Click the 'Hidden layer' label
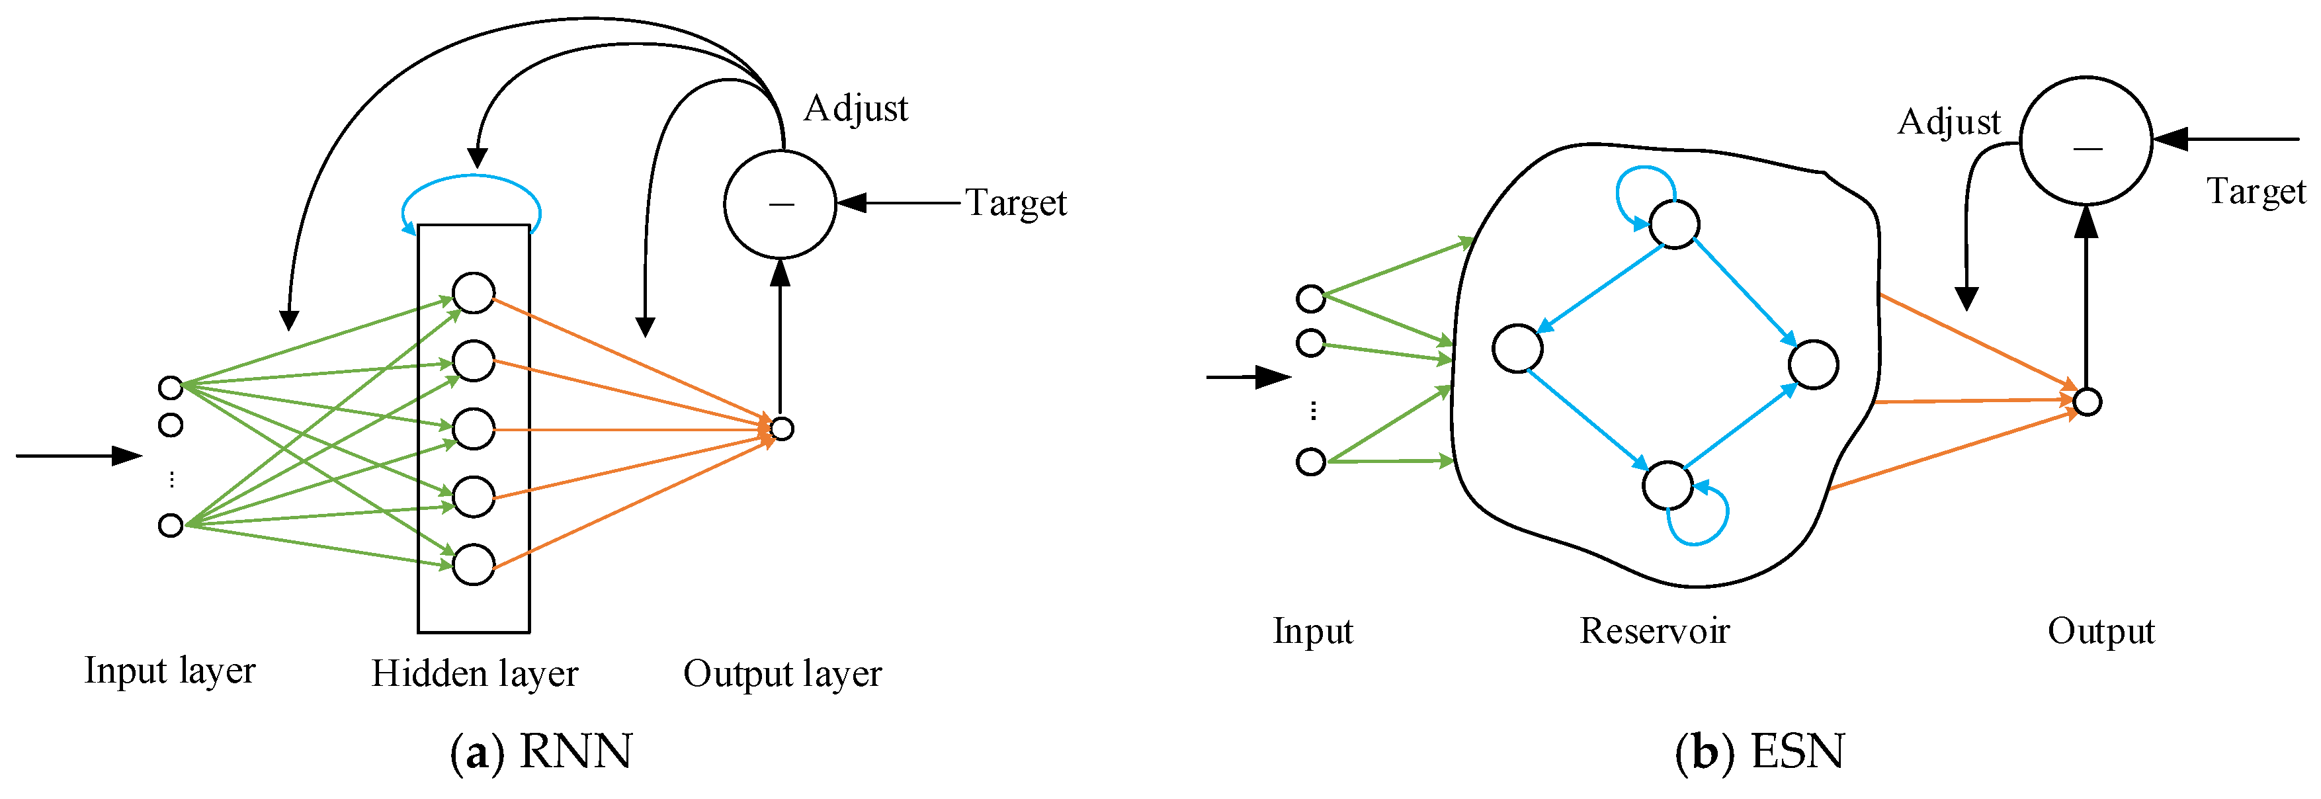coord(474,674)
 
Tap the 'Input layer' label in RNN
coord(169,671)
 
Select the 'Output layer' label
coord(782,674)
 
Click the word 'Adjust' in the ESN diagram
coord(1948,122)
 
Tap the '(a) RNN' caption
coord(542,751)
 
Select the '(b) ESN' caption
coord(1759,751)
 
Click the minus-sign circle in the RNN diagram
coord(781,204)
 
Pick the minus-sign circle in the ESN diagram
coord(2086,142)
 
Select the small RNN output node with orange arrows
coord(782,429)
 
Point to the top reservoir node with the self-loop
coord(1674,224)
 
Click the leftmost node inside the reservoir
coord(1517,349)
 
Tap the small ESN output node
coord(2087,401)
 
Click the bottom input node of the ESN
coord(1310,462)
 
